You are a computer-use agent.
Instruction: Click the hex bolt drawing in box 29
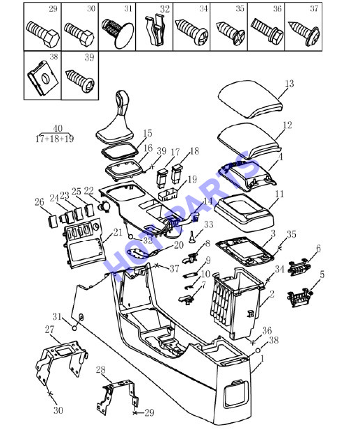(42, 34)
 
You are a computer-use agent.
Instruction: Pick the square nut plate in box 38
(42, 78)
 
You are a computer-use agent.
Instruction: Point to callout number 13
(289, 84)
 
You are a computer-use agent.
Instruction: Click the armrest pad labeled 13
(251, 100)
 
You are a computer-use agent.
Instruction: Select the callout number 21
(118, 232)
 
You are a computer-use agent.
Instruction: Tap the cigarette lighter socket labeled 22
(104, 206)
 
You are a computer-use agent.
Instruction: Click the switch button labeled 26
(52, 222)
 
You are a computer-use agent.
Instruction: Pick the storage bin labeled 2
(236, 303)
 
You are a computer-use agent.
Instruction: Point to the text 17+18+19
(54, 139)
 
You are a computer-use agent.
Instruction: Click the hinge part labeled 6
(299, 267)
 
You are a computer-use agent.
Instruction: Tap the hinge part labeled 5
(299, 298)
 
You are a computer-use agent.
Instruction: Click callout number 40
(58, 128)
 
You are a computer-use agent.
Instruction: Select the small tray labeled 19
(169, 194)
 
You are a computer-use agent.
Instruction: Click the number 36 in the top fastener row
(277, 9)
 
